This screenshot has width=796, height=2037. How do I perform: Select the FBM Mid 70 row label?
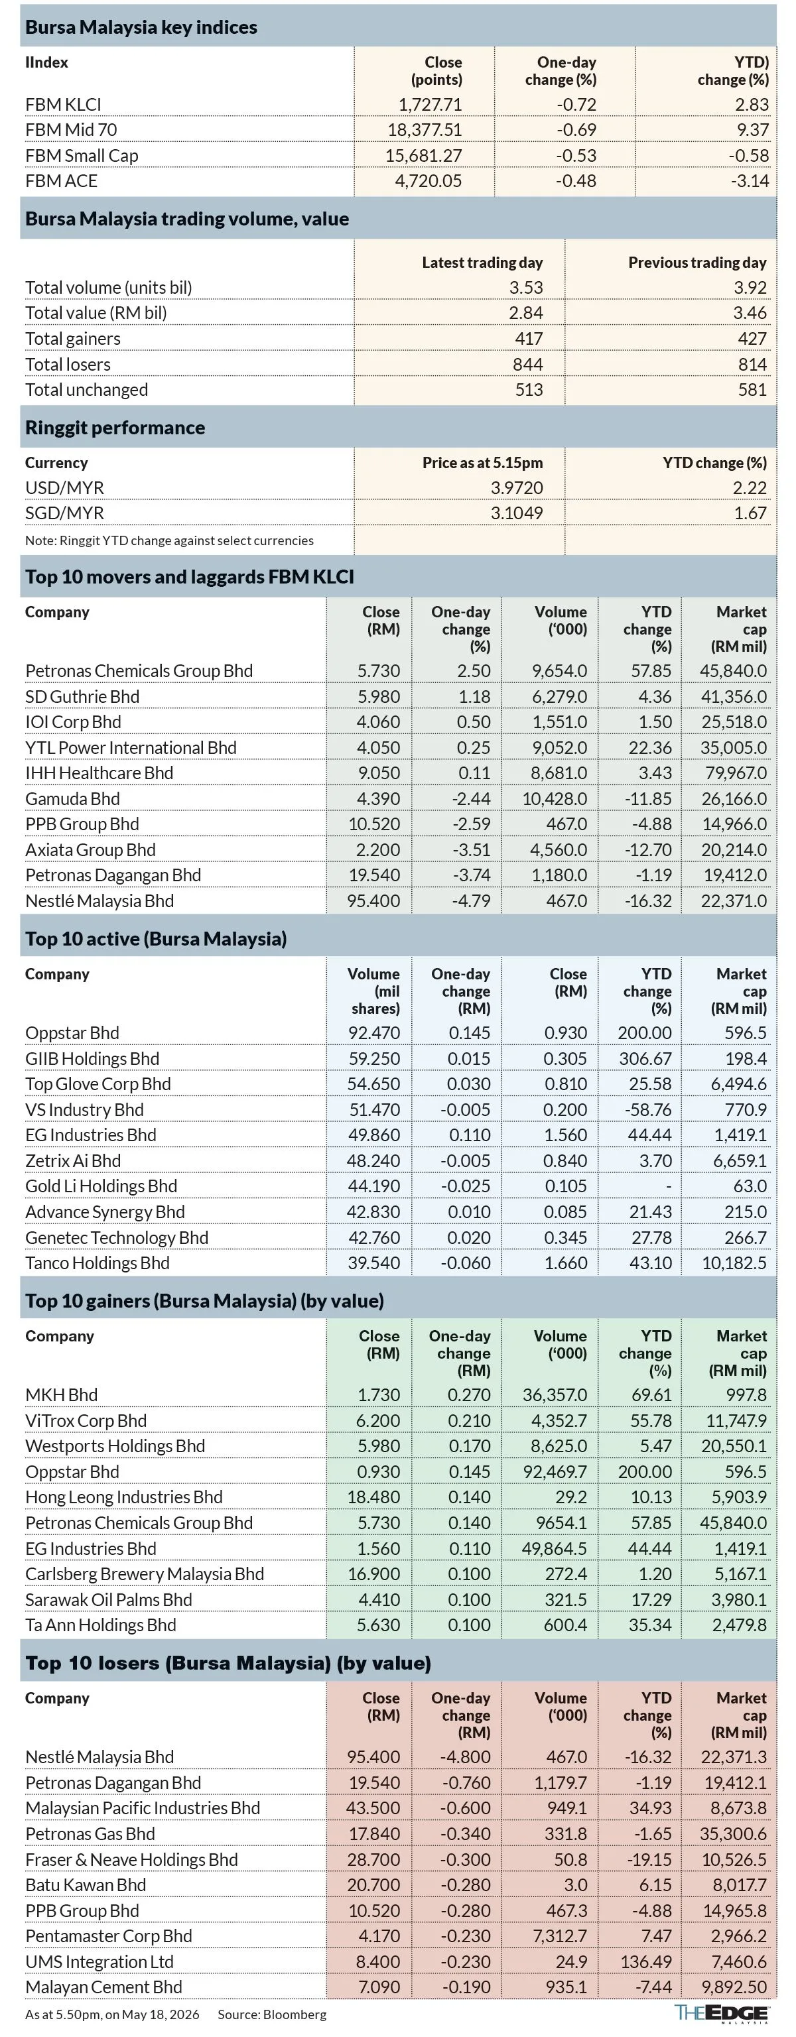pos(71,130)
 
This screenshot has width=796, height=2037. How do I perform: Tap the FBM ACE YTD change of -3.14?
pos(748,181)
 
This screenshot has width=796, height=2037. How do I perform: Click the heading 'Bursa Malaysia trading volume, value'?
pos(187,219)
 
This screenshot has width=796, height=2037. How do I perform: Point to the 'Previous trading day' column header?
pos(697,263)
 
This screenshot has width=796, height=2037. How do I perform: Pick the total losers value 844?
pos(528,365)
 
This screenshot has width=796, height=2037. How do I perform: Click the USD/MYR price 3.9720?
pos(517,488)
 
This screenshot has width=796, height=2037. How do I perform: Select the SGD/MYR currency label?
pos(65,513)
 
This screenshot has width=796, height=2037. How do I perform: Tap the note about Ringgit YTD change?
pos(169,541)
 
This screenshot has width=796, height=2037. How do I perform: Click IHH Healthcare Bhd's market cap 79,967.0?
pos(734,772)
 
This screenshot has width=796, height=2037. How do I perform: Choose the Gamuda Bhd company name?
pos(73,798)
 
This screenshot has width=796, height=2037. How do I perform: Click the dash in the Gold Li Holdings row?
pos(669,1186)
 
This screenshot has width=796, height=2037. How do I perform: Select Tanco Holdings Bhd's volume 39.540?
pos(374,1263)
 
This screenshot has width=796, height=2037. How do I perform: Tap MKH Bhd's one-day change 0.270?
pos(469,1395)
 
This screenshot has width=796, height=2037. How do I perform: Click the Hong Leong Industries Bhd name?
pos(124,1497)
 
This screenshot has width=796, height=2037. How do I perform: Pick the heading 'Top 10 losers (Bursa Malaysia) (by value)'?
pos(228,1663)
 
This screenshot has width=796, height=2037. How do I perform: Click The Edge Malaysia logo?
pos(722,2013)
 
